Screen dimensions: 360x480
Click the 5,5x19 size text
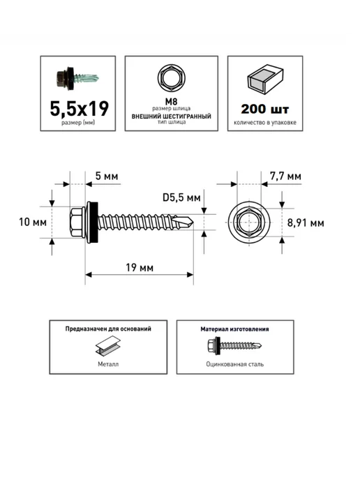click(x=80, y=109)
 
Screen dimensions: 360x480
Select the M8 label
click(x=171, y=102)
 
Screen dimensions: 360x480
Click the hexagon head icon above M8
click(x=171, y=77)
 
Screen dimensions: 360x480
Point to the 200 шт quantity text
click(x=265, y=109)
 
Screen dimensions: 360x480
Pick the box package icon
click(x=265, y=80)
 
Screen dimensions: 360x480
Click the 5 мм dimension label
click(x=107, y=176)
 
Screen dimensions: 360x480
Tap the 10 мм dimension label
click(x=33, y=222)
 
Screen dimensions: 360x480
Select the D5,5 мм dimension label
click(x=181, y=197)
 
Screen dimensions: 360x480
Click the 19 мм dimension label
click(x=140, y=268)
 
